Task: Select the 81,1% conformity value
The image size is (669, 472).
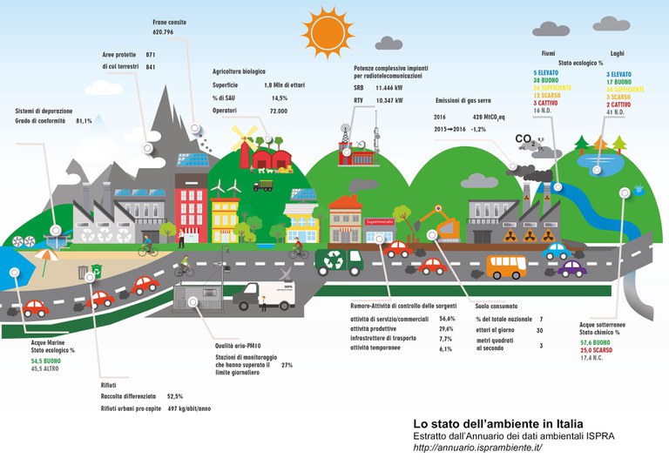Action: [84, 121]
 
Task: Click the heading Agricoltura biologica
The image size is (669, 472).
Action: [239, 71]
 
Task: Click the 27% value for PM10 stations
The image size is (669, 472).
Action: [287, 366]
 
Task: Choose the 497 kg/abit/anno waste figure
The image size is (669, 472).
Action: [189, 408]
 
